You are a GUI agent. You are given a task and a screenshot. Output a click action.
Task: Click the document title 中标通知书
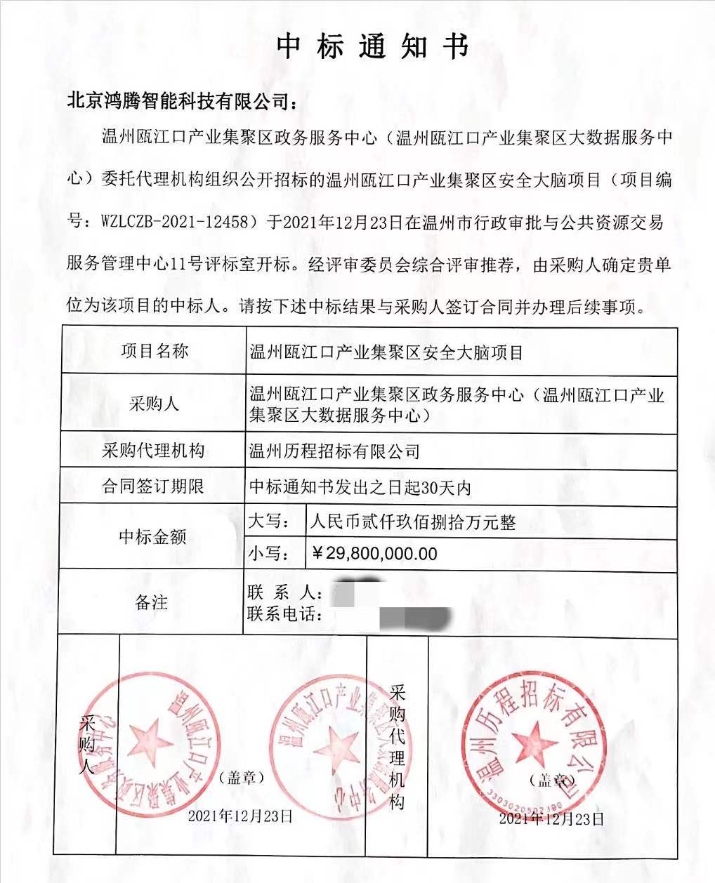point(372,46)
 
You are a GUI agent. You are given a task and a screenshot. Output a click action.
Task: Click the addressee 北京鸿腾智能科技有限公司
point(182,100)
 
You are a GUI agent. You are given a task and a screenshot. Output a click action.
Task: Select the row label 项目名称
point(155,351)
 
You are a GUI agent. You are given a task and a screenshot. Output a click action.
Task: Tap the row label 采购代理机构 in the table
point(153,450)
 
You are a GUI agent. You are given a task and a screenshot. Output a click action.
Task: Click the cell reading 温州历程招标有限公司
point(334,451)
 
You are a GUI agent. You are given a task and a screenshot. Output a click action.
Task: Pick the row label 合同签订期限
point(153,486)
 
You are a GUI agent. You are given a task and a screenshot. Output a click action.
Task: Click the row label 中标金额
point(153,537)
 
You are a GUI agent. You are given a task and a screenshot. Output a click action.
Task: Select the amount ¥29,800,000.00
point(374,554)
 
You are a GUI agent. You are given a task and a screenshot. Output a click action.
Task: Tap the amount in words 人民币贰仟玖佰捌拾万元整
point(413,522)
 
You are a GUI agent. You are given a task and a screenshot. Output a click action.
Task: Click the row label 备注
point(151,602)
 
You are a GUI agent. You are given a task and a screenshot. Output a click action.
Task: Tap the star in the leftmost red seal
point(148,739)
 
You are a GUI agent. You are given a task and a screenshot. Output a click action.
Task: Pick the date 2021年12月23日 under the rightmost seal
point(551,818)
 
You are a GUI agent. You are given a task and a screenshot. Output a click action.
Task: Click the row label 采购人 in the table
point(153,404)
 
